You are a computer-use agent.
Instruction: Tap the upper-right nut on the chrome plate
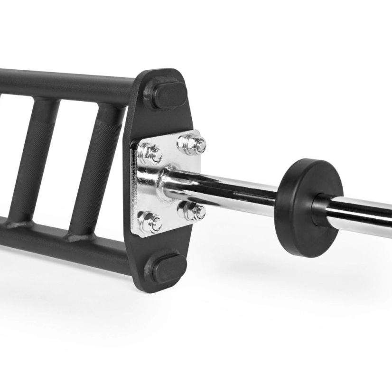pos(193,143)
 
